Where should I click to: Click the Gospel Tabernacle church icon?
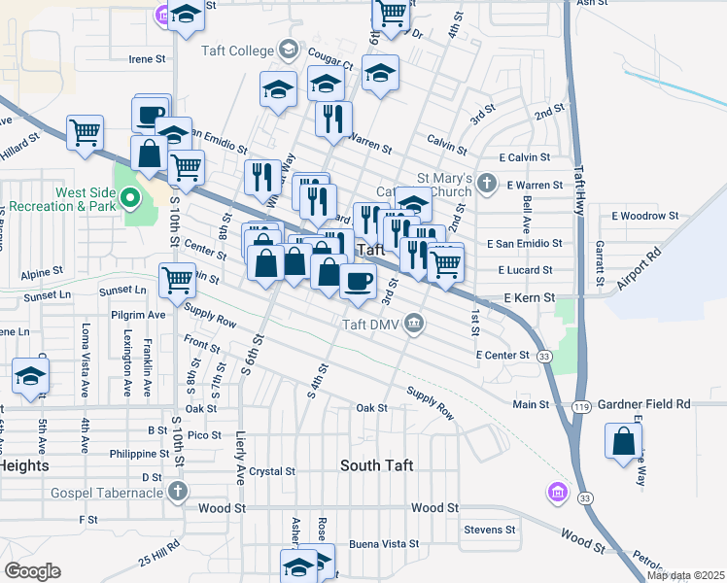(176, 493)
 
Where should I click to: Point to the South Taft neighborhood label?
(376, 465)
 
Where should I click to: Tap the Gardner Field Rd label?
(643, 403)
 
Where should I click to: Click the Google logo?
(32, 571)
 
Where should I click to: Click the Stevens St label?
(489, 530)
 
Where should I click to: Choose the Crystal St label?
(271, 471)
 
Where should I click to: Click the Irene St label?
(148, 59)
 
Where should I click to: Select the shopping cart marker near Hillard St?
(86, 131)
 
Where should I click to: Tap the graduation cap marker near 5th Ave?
(30, 376)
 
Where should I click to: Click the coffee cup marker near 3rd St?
(358, 283)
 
